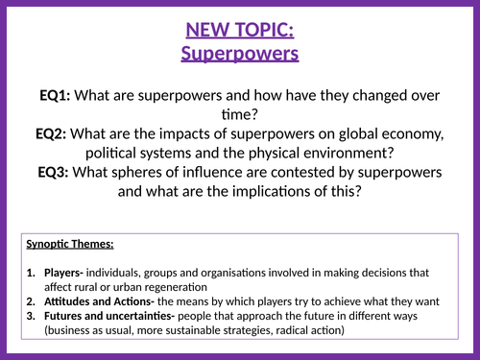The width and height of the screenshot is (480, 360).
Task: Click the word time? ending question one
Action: coord(240,114)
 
